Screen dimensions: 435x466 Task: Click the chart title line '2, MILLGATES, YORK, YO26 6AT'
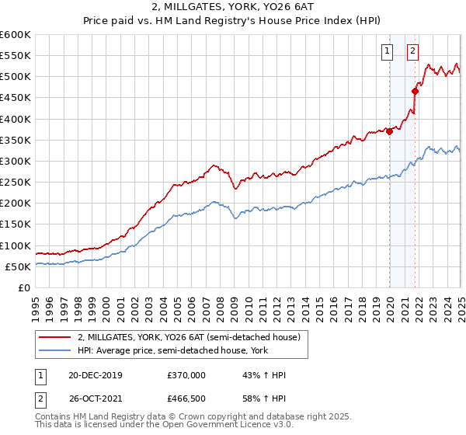[x=233, y=8]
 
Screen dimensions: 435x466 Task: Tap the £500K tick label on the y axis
[x=16, y=76]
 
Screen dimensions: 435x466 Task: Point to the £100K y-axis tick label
[x=16, y=245]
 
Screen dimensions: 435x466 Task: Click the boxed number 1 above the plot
[x=387, y=52]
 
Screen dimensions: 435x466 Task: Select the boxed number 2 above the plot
[x=412, y=52]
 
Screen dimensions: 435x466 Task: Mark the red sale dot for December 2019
[x=390, y=131]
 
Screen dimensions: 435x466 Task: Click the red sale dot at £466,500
[x=416, y=91]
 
